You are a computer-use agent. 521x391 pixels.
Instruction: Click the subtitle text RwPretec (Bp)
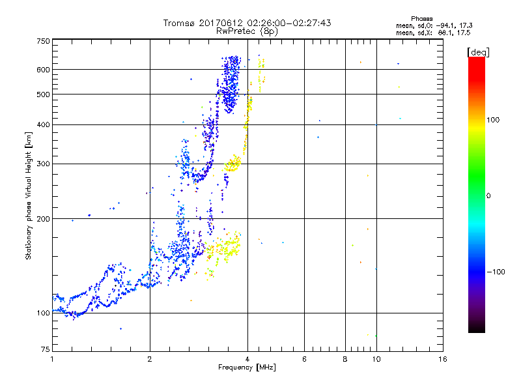(247, 31)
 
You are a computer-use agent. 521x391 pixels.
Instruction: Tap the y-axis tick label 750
(43, 41)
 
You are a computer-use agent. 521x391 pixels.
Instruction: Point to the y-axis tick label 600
(43, 70)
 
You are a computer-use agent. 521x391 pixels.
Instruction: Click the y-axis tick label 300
(43, 164)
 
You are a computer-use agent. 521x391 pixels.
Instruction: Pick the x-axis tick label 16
(443, 360)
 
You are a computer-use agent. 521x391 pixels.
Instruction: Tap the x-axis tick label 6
(304, 360)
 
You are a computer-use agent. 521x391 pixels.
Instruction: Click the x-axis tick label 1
(52, 360)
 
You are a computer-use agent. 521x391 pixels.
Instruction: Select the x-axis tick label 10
(376, 360)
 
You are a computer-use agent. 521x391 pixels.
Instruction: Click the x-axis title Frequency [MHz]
(247, 368)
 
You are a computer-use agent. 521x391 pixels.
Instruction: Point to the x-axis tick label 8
(345, 360)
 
